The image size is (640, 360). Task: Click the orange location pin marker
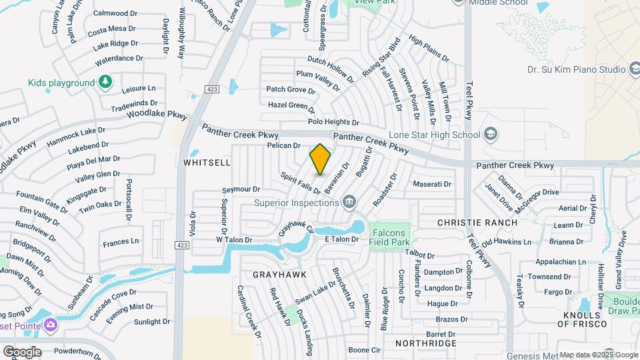[321, 159]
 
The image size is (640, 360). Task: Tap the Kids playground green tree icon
[105, 82]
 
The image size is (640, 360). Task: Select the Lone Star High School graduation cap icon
[491, 135]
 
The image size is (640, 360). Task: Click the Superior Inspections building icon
[348, 201]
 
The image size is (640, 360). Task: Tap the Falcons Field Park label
[388, 237]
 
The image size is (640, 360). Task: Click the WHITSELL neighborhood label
[206, 163]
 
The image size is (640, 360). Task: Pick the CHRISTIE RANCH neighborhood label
[477, 223]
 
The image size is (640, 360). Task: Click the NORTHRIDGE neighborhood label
[425, 343]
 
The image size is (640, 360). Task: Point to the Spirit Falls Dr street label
[301, 183]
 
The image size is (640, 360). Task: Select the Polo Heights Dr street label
[333, 122]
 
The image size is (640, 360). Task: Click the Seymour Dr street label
[241, 190]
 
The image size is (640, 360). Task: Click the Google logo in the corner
[21, 352]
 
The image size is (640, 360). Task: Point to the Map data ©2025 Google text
[597, 355]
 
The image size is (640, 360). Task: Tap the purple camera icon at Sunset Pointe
[51, 325]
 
